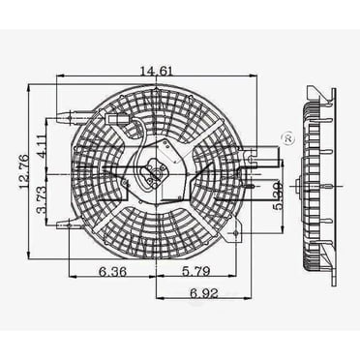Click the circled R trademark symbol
tap(285, 141)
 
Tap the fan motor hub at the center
tap(152, 176)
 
